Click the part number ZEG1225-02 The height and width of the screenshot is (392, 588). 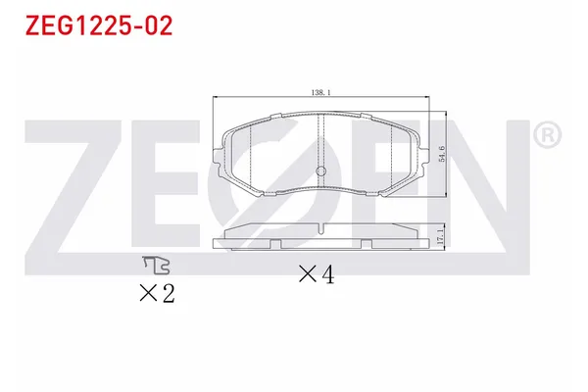tap(94, 26)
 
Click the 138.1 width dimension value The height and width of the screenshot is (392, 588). tap(322, 93)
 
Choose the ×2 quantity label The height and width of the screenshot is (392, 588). tap(157, 291)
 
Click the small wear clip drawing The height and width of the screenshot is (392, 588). tap(156, 264)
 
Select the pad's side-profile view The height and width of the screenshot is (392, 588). tap(322, 237)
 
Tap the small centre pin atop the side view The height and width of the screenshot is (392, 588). tap(322, 227)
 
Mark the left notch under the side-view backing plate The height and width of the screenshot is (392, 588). tap(276, 242)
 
